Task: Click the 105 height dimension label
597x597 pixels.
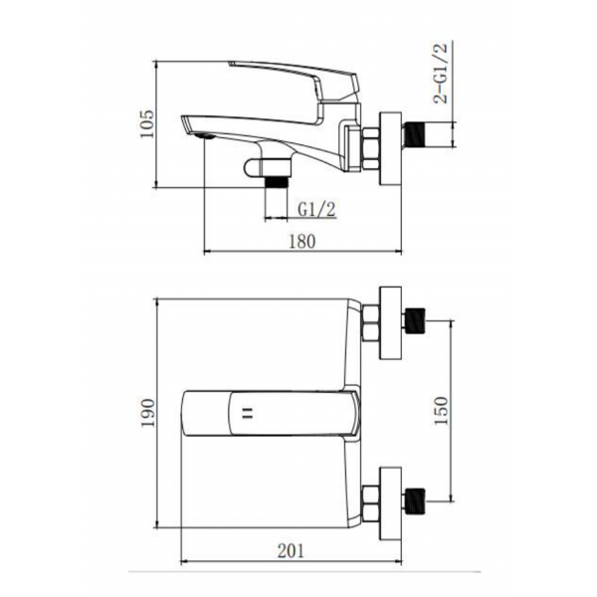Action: pyautogui.click(x=146, y=124)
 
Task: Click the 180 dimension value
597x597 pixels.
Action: pyautogui.click(x=302, y=242)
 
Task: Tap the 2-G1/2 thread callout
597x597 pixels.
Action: pyautogui.click(x=441, y=73)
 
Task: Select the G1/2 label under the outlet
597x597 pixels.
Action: pyautogui.click(x=316, y=209)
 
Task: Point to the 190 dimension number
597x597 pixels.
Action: pyautogui.click(x=147, y=413)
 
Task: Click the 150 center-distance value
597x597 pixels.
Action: pyautogui.click(x=441, y=411)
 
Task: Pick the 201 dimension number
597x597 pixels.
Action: pyautogui.click(x=291, y=551)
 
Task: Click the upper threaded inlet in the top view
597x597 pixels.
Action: pyautogui.click(x=415, y=321)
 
